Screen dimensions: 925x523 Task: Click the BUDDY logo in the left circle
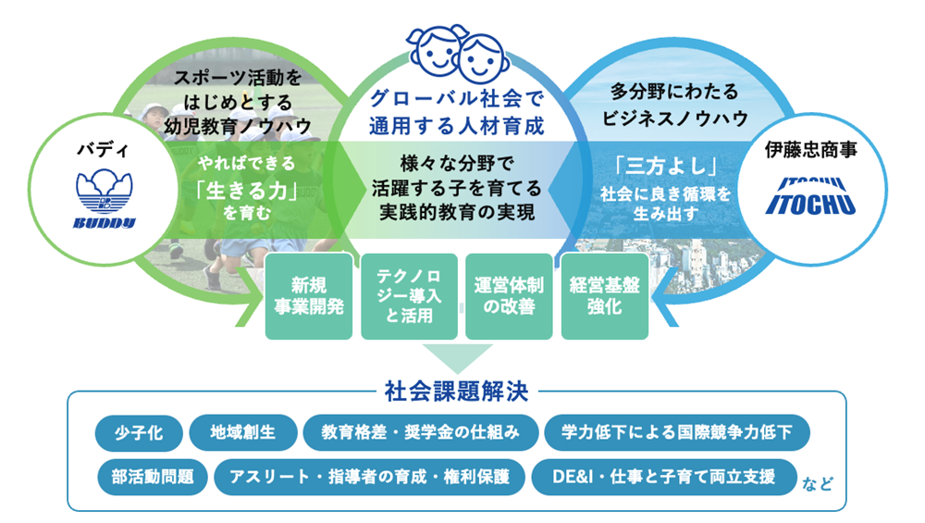[x=105, y=198]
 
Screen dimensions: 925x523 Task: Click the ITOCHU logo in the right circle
[x=810, y=196]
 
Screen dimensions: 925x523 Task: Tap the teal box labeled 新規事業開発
[x=309, y=296]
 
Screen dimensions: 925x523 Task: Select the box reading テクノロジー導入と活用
[x=409, y=296]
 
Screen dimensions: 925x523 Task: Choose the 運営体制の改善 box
[x=509, y=296]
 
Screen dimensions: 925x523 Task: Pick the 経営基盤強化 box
[x=605, y=296]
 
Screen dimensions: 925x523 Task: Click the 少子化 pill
[x=139, y=432]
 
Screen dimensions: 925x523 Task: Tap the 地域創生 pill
[x=243, y=432]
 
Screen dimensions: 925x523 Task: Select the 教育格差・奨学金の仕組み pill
[x=421, y=432]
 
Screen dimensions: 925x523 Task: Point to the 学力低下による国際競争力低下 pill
[x=677, y=432]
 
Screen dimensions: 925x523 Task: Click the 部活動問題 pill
[x=153, y=477]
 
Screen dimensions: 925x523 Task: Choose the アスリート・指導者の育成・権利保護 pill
[x=369, y=477]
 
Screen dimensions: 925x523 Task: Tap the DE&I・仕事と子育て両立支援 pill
[x=664, y=477]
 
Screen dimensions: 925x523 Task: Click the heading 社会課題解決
[x=456, y=392]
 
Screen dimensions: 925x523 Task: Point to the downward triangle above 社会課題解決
[x=457, y=357]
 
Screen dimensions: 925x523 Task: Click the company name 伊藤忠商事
[x=810, y=150]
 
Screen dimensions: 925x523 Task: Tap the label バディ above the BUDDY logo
[x=103, y=150]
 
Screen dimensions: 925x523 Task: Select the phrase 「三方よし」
[x=666, y=166]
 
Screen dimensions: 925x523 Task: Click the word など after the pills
[x=818, y=485]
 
